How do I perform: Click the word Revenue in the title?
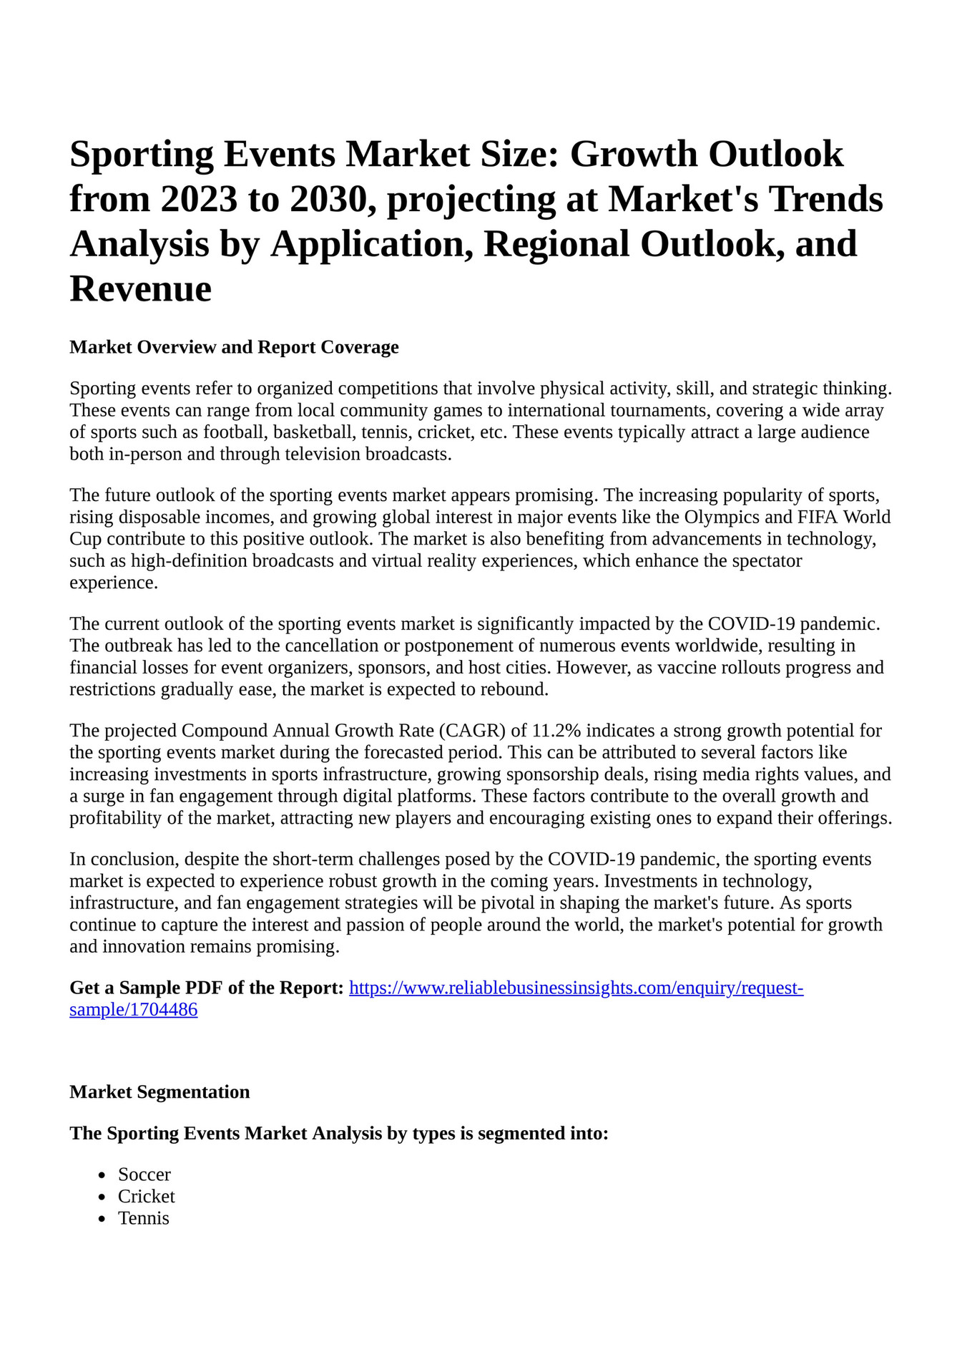140,289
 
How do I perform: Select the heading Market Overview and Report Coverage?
234,347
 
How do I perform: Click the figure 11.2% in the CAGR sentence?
556,731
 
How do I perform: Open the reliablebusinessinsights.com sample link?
576,988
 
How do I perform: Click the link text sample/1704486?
133,1010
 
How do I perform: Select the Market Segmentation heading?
159,1092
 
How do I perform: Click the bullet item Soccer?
144,1174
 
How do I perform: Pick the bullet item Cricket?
147,1197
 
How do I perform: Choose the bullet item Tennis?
144,1218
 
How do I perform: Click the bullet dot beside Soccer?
103,1175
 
